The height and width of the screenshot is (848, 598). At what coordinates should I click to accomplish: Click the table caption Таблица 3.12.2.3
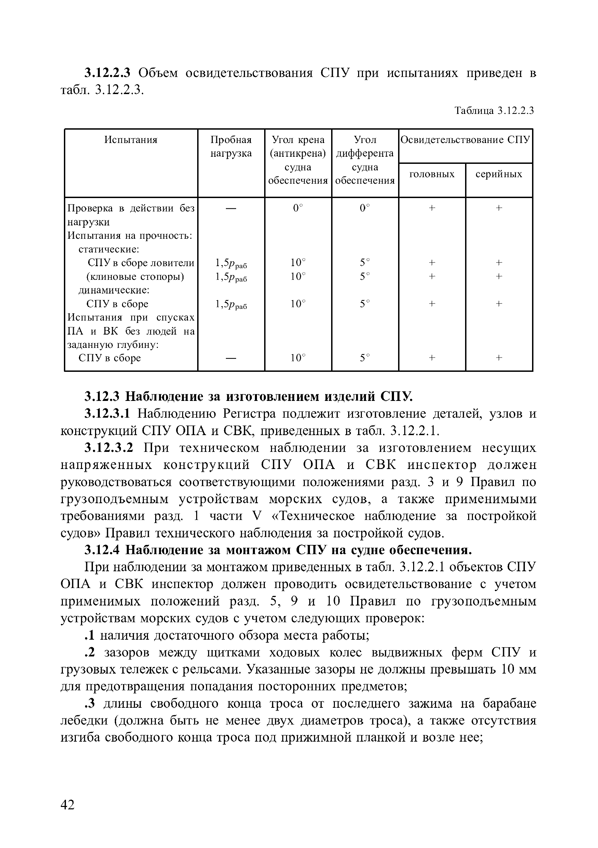pos(494,110)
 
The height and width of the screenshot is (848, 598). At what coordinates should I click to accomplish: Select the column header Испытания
pos(131,140)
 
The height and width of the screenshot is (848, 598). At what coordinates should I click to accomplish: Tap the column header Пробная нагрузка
pos(231,146)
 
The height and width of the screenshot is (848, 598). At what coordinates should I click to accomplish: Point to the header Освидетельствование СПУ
pos(465,140)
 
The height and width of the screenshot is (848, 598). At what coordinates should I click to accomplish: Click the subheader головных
pos(432,174)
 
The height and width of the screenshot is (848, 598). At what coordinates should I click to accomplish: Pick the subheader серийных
pos(499,174)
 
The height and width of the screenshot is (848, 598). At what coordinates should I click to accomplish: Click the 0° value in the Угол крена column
pos(297,208)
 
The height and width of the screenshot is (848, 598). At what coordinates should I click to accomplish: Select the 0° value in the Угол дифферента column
pos(365,208)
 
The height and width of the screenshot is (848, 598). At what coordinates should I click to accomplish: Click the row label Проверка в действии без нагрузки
pos(131,215)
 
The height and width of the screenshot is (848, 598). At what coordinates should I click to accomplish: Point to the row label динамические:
pos(114,290)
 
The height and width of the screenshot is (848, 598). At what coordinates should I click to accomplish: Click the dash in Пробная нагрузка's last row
pos(231,358)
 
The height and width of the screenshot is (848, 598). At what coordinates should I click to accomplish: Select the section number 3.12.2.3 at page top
pos(107,73)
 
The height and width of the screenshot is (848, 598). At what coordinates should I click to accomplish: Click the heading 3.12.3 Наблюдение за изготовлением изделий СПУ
pos(249,396)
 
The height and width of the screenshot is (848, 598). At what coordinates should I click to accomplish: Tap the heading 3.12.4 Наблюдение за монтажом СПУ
pos(278,550)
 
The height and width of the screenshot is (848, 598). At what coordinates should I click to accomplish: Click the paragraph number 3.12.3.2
pos(108,448)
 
